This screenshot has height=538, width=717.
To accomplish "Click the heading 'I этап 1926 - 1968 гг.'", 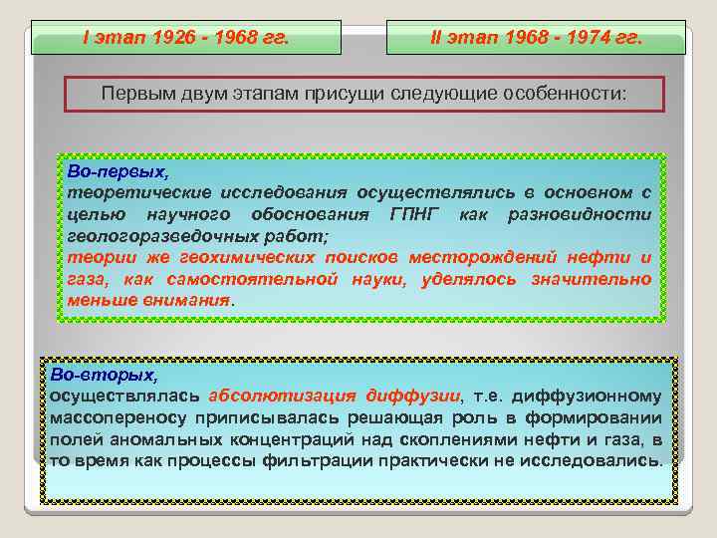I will point(185,39).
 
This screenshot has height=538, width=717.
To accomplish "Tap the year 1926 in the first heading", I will point(174,39).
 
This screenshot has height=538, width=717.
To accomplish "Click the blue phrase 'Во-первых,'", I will point(111,171).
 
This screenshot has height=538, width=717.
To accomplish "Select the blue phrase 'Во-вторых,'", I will point(104,375).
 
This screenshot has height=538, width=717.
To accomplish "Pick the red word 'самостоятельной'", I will point(243,279).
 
